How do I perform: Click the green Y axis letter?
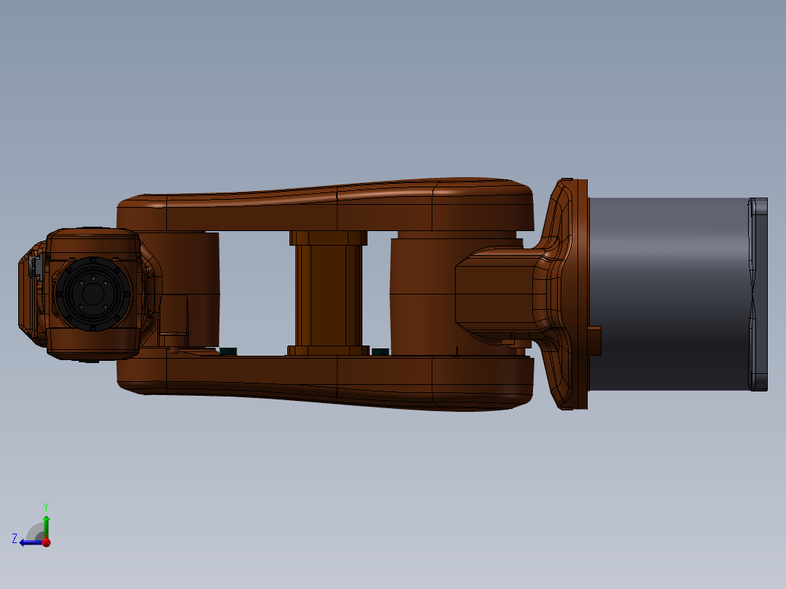45,505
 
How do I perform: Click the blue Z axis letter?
15,538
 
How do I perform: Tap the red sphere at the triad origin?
46,542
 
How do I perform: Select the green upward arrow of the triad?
46,525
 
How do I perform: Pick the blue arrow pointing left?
29,542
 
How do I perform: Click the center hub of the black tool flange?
92,294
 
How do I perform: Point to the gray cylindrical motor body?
667,292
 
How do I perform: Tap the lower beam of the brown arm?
328,379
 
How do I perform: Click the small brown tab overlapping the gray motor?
595,341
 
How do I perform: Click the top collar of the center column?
327,238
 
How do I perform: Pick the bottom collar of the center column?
327,351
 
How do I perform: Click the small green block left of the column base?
228,351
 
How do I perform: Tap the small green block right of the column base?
380,351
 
